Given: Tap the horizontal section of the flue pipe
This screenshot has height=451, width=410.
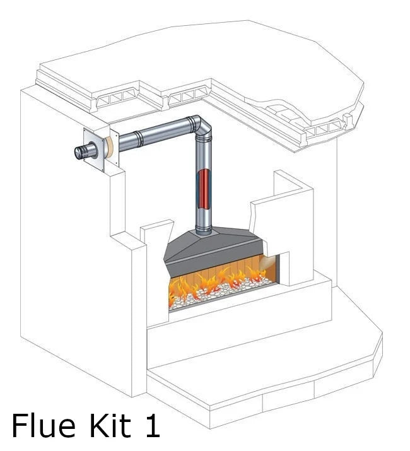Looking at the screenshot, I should coord(155,134).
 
